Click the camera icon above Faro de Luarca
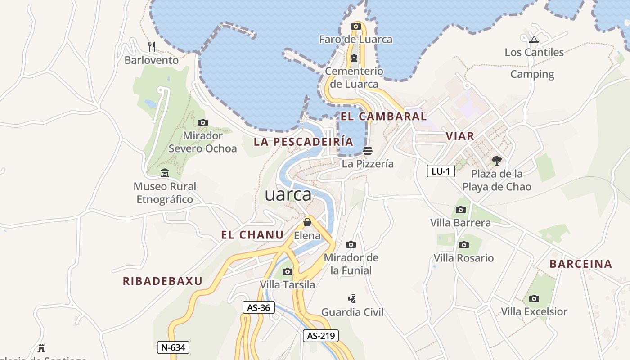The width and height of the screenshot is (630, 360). (x=356, y=27)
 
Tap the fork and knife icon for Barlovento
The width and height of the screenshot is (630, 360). (x=152, y=46)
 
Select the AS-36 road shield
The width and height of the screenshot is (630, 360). (x=259, y=307)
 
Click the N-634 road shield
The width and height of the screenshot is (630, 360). (x=173, y=347)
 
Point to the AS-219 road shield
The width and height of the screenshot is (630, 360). (x=320, y=335)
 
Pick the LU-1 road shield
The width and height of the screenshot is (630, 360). (x=441, y=171)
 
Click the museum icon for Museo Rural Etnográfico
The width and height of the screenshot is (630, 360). (x=165, y=173)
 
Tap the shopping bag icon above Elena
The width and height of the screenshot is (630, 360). (x=307, y=222)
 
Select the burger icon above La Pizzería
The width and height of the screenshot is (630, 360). (x=368, y=150)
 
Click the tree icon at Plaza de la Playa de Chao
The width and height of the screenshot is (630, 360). (x=497, y=160)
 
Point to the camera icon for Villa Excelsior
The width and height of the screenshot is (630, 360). (x=534, y=298)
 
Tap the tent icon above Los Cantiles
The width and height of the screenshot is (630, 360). (x=534, y=40)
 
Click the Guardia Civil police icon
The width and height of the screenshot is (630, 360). (x=352, y=298)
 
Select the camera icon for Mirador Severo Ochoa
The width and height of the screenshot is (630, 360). (x=203, y=122)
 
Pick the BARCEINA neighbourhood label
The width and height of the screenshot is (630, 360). (x=581, y=264)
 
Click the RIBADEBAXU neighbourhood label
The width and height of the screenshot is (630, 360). (x=162, y=281)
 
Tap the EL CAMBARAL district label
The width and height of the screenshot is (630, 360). (x=383, y=117)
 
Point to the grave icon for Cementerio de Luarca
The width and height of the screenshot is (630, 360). (x=354, y=58)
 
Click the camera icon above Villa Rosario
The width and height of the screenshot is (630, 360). (x=464, y=245)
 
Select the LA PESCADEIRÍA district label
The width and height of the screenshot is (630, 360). (x=303, y=142)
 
